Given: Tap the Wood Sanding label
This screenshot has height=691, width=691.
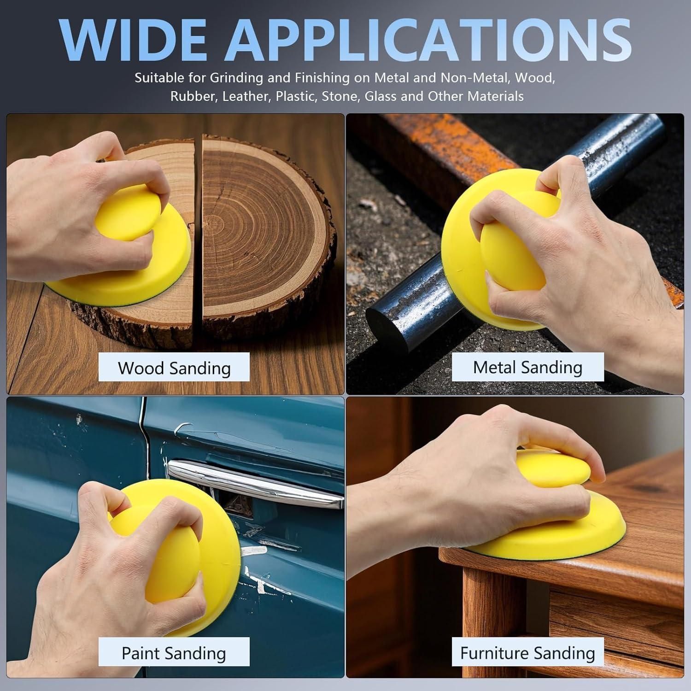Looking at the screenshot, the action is (x=174, y=367).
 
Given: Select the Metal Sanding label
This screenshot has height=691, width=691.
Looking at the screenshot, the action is (x=527, y=367).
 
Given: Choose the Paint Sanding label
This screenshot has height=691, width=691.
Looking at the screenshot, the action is (x=174, y=652).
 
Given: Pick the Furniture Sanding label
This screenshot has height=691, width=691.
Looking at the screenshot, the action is (x=527, y=652).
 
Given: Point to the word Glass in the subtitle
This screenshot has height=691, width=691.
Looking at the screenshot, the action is (x=381, y=96).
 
